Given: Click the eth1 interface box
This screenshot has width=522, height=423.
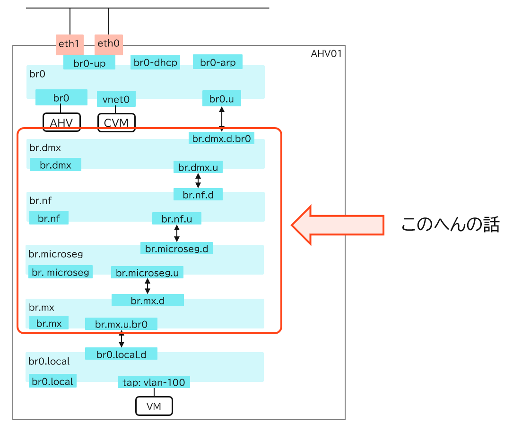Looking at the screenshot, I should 70,44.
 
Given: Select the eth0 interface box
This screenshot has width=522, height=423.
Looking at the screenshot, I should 109,44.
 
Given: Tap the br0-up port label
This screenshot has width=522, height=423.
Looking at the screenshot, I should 89,62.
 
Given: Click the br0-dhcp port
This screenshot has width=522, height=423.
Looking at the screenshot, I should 156,62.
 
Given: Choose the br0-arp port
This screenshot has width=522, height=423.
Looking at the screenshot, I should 217,62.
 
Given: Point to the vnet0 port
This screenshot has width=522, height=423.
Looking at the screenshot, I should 116,100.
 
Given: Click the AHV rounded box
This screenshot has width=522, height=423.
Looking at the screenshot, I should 61,122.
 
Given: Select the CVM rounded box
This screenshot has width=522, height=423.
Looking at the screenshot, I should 116,122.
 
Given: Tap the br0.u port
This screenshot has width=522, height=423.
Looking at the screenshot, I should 222,99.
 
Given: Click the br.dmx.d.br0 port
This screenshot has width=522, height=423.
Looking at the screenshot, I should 222,138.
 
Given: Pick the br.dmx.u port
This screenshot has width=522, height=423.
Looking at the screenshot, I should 198,167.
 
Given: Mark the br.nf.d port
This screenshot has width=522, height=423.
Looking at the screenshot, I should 198,194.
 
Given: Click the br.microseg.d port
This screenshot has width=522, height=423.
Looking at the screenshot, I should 176,248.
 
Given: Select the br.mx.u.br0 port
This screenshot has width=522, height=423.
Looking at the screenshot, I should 121,324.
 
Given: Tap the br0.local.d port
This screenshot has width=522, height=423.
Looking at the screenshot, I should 121,354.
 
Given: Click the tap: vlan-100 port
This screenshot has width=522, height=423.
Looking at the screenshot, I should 154,382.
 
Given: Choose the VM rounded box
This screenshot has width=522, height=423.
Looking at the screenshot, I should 154,406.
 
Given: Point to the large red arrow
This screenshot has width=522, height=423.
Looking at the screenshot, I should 337,225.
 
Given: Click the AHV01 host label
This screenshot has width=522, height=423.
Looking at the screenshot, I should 326,53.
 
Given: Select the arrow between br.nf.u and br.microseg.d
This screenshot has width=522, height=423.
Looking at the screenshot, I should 177,233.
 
